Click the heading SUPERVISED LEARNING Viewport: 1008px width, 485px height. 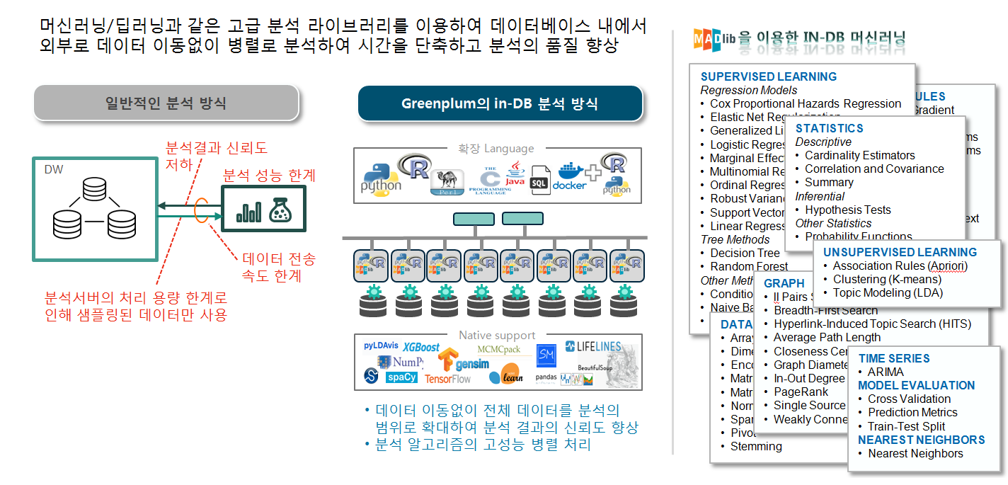tap(768, 76)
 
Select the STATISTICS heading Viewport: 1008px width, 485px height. tap(829, 128)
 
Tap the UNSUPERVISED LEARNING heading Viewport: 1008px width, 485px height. tap(899, 252)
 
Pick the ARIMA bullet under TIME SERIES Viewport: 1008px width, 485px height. tap(886, 372)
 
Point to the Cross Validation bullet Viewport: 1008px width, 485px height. tap(909, 399)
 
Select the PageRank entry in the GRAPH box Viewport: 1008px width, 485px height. tap(801, 392)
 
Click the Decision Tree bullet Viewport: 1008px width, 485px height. tap(745, 253)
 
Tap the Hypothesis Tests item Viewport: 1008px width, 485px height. tap(847, 210)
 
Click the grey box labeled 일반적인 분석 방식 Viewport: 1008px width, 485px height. tap(166, 103)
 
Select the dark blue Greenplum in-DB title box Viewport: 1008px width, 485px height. tap(500, 103)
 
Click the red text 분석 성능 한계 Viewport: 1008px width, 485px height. tap(269, 175)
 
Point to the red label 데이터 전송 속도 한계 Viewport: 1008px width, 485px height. tap(279, 267)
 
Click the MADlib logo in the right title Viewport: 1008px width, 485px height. tap(714, 38)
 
